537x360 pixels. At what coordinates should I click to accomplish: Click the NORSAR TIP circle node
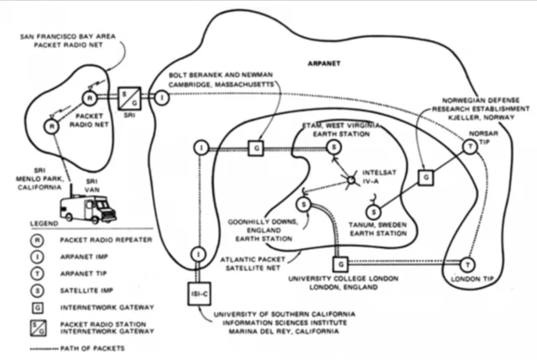coord(468,147)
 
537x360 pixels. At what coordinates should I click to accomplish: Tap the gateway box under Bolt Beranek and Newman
coord(258,148)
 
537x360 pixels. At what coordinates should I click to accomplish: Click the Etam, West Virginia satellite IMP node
coord(333,148)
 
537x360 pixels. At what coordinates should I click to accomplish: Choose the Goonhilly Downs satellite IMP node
coord(304,205)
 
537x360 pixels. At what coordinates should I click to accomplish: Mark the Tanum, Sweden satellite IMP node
coord(375,210)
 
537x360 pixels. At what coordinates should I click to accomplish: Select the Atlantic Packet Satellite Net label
coord(248,264)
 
